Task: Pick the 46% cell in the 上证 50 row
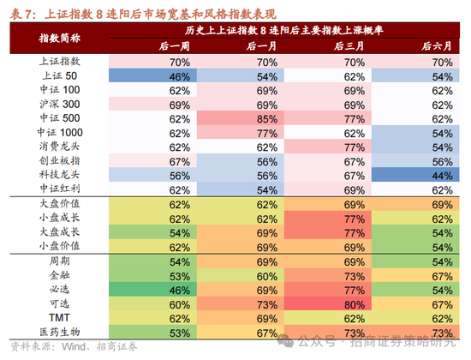click(178, 76)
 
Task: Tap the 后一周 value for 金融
click(178, 276)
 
